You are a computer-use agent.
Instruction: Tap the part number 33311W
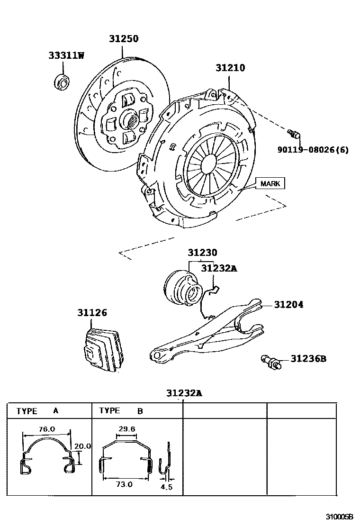coord(66,55)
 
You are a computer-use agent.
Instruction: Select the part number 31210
coord(230,68)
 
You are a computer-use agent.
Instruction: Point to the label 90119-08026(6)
coord(313,150)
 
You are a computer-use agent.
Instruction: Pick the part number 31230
coord(202,253)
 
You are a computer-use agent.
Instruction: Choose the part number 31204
coord(288,304)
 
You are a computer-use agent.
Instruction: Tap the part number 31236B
coord(308,359)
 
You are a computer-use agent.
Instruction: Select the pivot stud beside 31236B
coord(271,362)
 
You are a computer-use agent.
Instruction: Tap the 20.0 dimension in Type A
coord(82,446)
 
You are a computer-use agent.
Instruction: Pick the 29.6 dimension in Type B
coord(127,429)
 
